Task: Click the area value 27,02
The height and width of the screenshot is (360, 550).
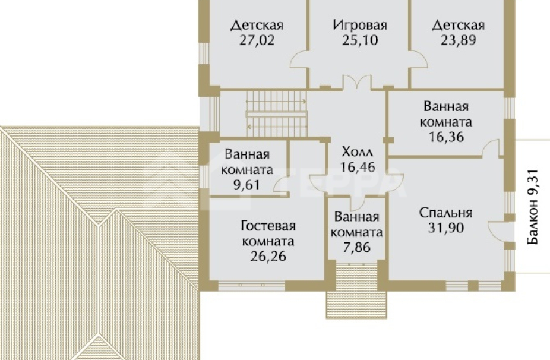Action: (257, 41)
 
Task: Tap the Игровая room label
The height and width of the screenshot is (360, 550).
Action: (360, 26)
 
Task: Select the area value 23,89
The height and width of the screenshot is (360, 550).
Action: (458, 41)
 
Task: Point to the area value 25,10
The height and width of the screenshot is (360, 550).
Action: (360, 41)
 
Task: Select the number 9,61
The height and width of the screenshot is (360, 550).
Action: (247, 185)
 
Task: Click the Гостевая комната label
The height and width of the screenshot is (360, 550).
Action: (268, 234)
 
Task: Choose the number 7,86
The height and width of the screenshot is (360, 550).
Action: (358, 247)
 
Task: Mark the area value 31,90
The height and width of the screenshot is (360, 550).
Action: (445, 228)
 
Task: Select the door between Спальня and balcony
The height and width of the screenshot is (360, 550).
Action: (497, 229)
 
